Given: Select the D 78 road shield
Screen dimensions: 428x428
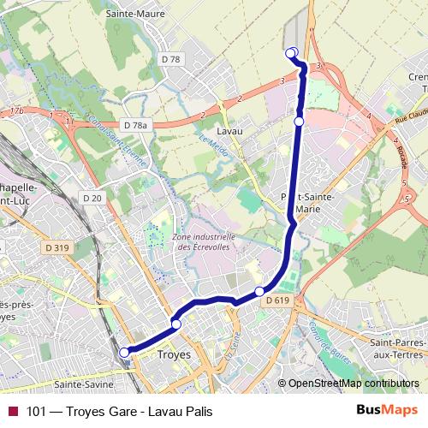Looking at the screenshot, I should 170,59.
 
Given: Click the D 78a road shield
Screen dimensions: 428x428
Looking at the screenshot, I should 135,125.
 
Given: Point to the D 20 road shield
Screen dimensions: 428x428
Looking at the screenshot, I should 92,198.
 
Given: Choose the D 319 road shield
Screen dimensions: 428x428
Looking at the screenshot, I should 56,247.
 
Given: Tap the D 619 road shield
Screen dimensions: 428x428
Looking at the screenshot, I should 276,300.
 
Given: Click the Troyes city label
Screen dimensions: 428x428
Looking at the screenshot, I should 176,353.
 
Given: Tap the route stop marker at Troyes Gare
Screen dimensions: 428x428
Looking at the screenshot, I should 124,352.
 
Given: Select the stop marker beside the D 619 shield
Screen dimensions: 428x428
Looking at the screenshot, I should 259,292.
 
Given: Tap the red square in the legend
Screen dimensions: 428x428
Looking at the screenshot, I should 14,411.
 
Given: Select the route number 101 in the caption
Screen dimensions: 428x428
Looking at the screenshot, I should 35,411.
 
